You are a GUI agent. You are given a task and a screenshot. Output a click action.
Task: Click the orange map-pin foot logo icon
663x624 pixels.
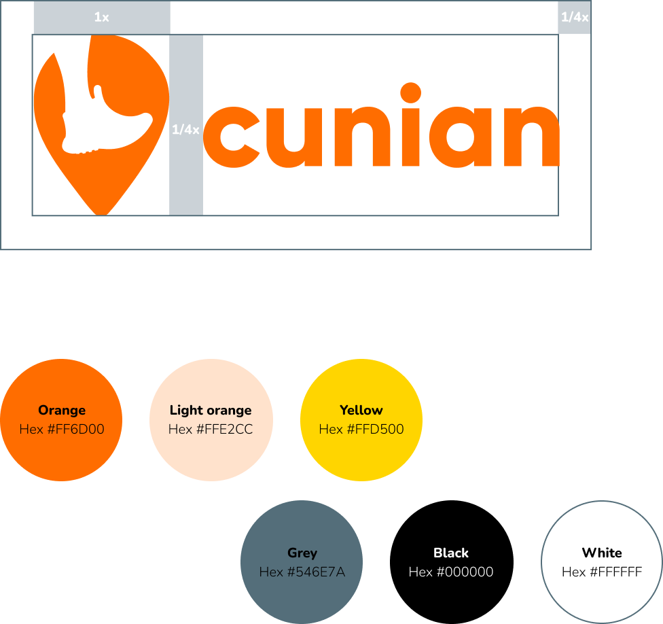tap(101, 122)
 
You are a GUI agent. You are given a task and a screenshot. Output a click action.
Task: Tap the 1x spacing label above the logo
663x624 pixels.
tap(101, 18)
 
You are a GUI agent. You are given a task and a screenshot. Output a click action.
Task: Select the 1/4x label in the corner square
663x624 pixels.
tap(575, 18)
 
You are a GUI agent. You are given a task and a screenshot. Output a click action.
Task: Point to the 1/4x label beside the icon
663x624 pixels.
tap(185, 129)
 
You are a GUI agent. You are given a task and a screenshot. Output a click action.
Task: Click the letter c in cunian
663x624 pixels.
tap(231, 137)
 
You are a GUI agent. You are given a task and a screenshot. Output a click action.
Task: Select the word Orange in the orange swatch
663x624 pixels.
tap(62, 410)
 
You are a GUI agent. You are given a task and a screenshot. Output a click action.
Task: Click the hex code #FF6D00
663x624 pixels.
tap(62, 429)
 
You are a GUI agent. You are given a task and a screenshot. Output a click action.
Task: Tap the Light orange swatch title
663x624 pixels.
tap(211, 410)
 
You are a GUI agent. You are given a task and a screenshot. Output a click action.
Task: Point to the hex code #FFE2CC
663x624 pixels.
tap(211, 429)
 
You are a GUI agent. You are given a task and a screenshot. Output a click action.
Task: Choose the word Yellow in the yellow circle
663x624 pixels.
tap(361, 410)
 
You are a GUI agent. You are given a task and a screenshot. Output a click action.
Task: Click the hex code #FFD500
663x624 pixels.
tap(361, 429)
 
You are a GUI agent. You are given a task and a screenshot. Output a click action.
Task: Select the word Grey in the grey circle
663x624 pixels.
tap(302, 553)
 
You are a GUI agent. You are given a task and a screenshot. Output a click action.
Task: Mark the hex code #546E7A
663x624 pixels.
tap(302, 572)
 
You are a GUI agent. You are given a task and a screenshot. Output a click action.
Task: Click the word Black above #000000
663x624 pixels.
tap(451, 553)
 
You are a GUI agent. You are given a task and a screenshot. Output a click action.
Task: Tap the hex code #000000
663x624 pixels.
tap(451, 572)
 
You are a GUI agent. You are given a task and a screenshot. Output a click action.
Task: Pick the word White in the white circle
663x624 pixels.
tap(602, 553)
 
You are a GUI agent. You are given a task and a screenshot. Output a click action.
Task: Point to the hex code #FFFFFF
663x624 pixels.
tap(602, 572)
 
